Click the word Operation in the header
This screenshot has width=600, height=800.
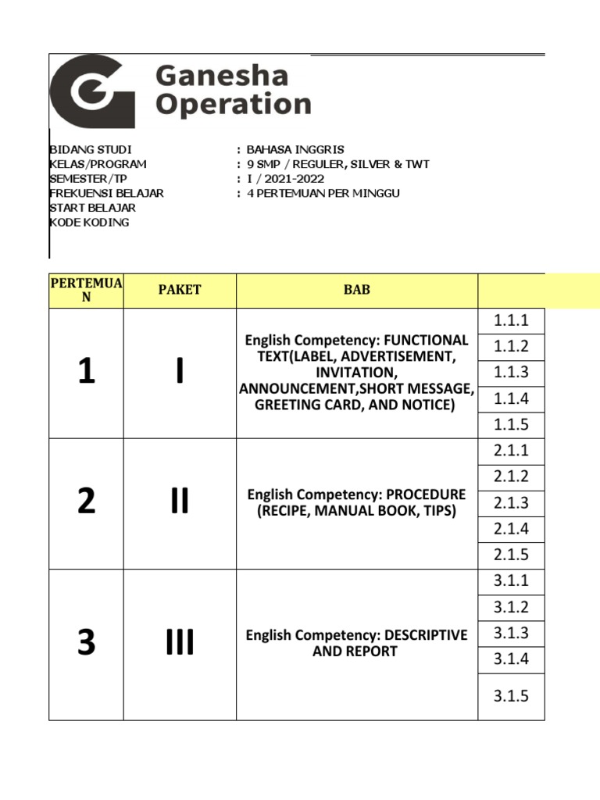pyautogui.click(x=234, y=105)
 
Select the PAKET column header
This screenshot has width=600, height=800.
pyautogui.click(x=180, y=290)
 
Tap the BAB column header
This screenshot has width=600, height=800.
pyautogui.click(x=357, y=290)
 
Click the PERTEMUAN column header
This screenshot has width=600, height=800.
pyautogui.click(x=86, y=290)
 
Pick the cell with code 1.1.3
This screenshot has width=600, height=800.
pyautogui.click(x=511, y=373)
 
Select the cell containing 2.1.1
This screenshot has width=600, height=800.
pyautogui.click(x=511, y=451)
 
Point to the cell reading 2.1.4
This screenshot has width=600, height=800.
pyautogui.click(x=511, y=529)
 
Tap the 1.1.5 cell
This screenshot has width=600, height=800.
pyautogui.click(x=511, y=425)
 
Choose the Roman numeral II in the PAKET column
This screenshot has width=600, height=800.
pyautogui.click(x=180, y=502)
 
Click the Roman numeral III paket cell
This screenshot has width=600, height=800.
pyautogui.click(x=180, y=644)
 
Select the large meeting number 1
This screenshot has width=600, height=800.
pyautogui.click(x=86, y=373)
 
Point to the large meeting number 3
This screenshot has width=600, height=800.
pyautogui.click(x=86, y=644)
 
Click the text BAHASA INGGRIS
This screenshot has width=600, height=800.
pyautogui.click(x=295, y=149)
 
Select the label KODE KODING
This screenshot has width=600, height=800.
pyautogui.click(x=90, y=223)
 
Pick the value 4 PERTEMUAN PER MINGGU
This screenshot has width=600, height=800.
pyautogui.click(x=323, y=193)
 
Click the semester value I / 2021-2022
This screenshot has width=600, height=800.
pyautogui.click(x=285, y=179)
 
